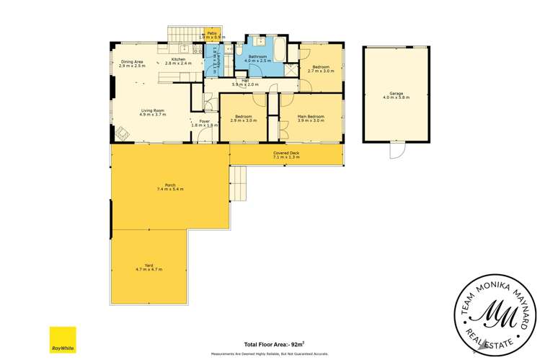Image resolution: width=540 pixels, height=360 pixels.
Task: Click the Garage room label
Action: coord(396,93)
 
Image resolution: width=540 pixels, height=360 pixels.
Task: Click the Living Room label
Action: coord(152,110)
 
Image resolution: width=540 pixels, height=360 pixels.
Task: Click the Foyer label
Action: coord(204,121)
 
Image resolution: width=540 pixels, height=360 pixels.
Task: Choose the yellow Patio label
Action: coord(213,33)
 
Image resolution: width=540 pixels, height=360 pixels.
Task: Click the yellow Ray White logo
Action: coord(63,340)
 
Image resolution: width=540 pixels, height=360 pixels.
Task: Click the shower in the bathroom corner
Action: coord(289,69)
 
